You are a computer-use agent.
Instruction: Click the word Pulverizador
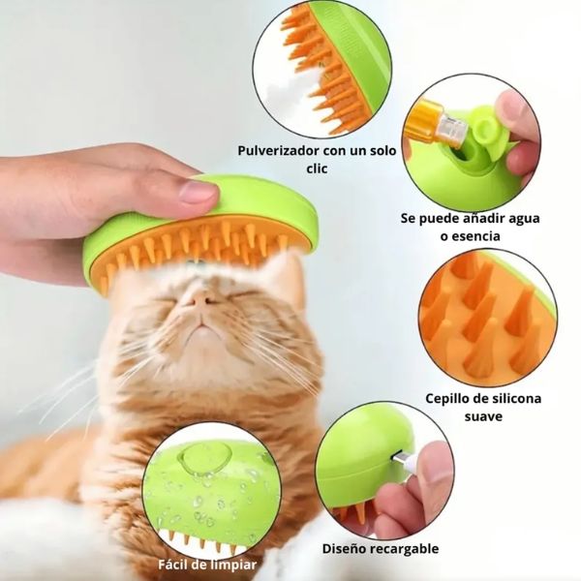278,151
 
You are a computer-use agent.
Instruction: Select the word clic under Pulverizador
318,168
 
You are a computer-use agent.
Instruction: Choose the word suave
483,416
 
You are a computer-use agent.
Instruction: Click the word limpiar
231,566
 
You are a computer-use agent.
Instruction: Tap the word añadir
480,219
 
